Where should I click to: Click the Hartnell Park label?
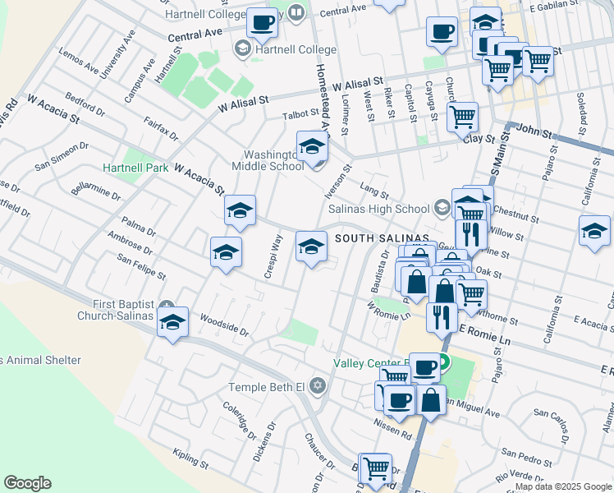click(135, 168)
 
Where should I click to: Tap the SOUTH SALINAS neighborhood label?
click(382, 238)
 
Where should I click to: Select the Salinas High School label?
click(379, 209)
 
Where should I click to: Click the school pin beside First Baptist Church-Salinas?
click(173, 323)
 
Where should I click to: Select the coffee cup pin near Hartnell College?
click(263, 23)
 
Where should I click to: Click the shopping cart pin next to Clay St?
click(463, 117)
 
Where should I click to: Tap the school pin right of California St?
click(594, 232)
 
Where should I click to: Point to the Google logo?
click(27, 483)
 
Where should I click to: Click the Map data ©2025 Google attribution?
click(562, 486)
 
